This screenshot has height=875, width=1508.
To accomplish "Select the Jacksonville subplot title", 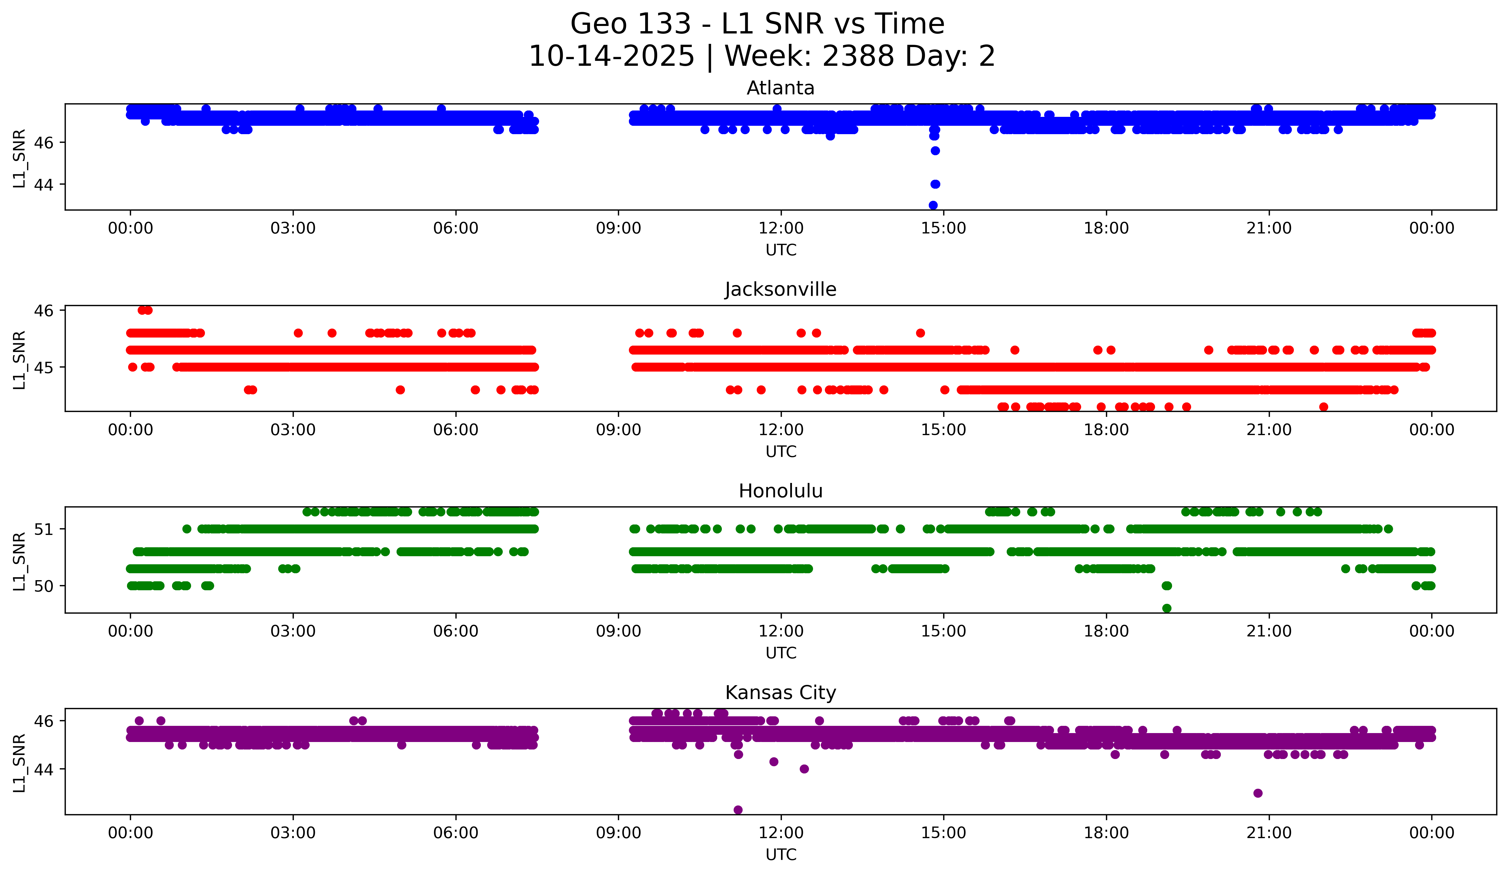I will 780,289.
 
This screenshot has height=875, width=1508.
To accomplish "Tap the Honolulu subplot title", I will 780,491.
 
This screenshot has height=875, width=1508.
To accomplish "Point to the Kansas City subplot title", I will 780,693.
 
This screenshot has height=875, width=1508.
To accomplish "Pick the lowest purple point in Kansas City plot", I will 738,810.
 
